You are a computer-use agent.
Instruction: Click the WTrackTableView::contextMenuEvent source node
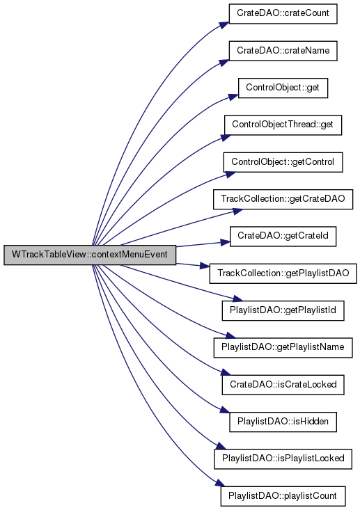(x=90, y=255)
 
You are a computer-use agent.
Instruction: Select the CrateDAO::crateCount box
(x=283, y=14)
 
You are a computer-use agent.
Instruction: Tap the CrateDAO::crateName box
(x=283, y=51)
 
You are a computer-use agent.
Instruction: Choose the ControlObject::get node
(x=283, y=88)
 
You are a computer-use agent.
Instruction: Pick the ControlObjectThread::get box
(x=283, y=125)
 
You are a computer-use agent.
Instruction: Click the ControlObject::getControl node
(x=283, y=162)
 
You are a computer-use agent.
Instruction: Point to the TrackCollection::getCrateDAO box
(x=283, y=200)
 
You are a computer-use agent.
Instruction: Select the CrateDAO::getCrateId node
(x=283, y=237)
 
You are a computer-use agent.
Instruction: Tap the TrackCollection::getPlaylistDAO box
(x=283, y=273)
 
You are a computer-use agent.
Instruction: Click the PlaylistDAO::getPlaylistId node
(x=283, y=310)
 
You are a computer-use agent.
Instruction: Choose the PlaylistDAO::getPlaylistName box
(x=283, y=348)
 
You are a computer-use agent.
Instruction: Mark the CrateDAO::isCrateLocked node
(x=283, y=385)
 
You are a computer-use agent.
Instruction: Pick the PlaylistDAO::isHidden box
(x=283, y=422)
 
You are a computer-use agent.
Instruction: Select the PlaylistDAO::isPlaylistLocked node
(x=283, y=459)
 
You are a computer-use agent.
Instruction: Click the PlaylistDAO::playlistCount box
(x=283, y=496)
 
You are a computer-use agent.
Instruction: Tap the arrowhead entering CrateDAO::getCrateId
(x=225, y=242)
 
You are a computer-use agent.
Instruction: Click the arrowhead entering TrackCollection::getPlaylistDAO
(x=205, y=266)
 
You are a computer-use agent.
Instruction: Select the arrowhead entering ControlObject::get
(x=233, y=97)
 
